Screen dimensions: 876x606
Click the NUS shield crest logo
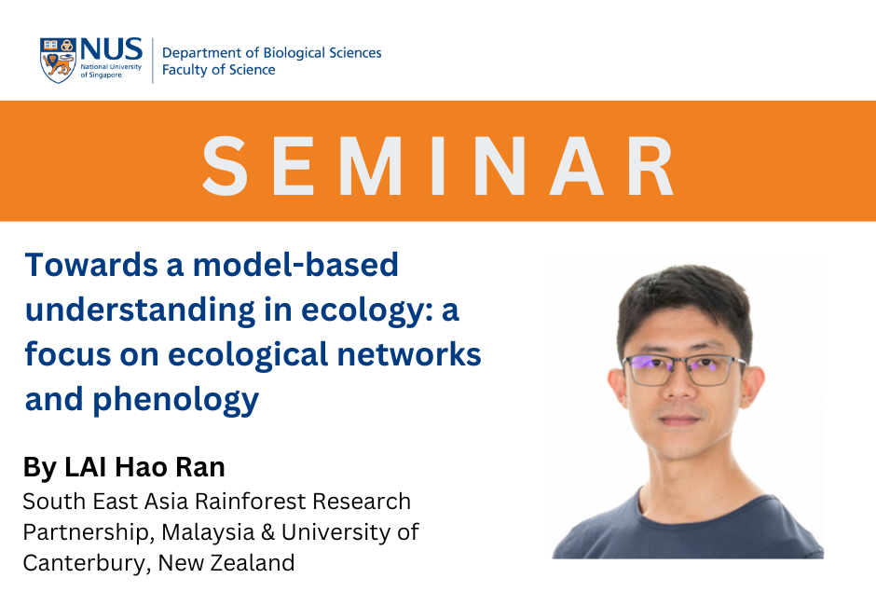[58, 61]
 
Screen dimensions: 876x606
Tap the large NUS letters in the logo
[111, 49]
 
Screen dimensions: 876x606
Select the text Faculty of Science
[218, 70]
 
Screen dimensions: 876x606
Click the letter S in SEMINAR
[225, 166]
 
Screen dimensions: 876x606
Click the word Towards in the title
[91, 265]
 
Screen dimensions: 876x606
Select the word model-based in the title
[295, 265]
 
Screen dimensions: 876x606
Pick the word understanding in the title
[140, 310]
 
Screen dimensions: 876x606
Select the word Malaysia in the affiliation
[208, 532]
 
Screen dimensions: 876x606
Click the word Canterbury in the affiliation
[87, 563]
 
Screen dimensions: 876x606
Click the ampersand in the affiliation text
[267, 532]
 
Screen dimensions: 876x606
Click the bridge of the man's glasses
[680, 364]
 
